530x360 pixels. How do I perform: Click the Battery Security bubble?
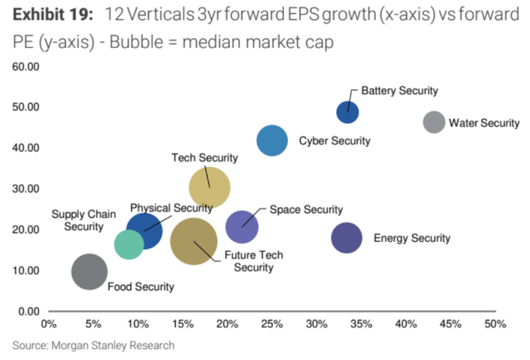click(347, 112)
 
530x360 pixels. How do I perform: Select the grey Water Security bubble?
click(434, 122)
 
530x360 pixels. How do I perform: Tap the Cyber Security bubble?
click(272, 141)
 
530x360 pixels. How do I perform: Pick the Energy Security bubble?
click(346, 238)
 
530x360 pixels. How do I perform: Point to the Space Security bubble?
click(242, 227)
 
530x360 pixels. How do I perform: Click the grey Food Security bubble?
click(89, 271)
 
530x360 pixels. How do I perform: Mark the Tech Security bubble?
click(210, 188)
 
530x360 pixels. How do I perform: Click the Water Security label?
click(484, 123)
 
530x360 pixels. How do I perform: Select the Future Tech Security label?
click(254, 261)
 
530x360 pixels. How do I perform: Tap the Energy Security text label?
click(412, 238)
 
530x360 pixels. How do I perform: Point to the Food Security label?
click(141, 286)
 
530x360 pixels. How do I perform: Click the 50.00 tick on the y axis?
click(26, 107)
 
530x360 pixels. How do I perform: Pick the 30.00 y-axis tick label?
click(26, 189)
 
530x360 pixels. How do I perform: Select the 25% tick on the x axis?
click(272, 325)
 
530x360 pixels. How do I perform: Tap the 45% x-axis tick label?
click(451, 325)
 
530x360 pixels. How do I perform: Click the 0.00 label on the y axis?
click(28, 311)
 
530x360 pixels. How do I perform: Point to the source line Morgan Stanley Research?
click(93, 345)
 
